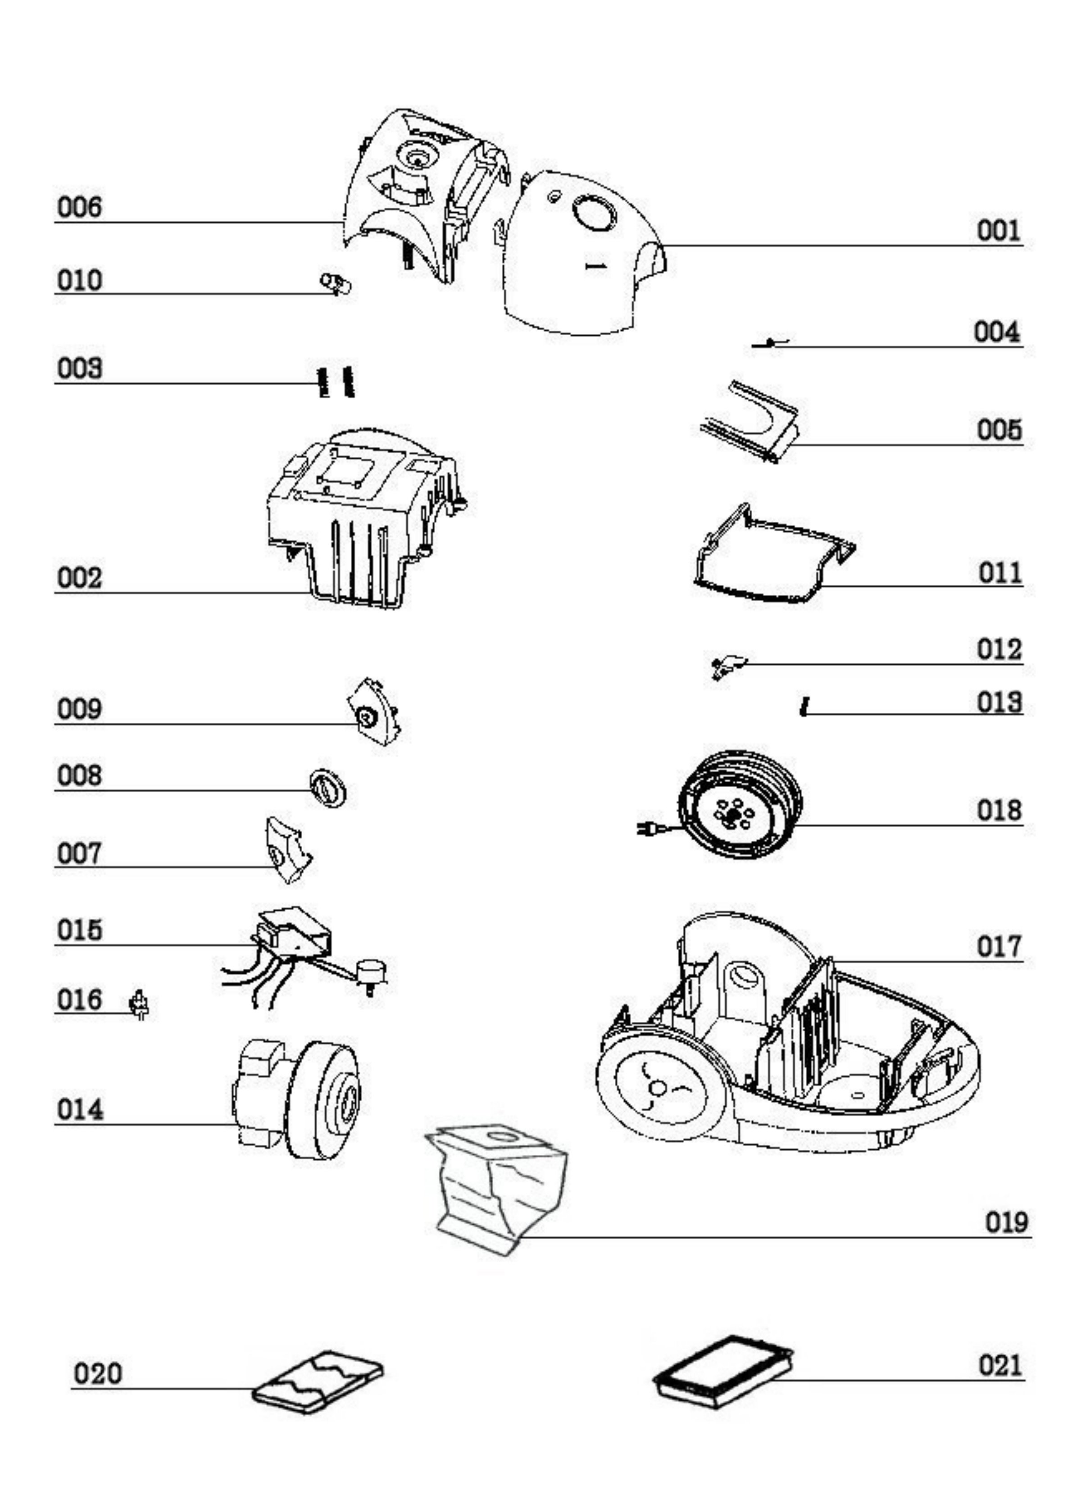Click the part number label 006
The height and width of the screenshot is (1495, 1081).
[80, 207]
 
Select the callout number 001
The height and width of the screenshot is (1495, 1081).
[999, 231]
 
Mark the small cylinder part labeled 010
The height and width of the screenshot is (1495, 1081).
[335, 283]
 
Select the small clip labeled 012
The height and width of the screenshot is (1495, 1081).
[727, 666]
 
